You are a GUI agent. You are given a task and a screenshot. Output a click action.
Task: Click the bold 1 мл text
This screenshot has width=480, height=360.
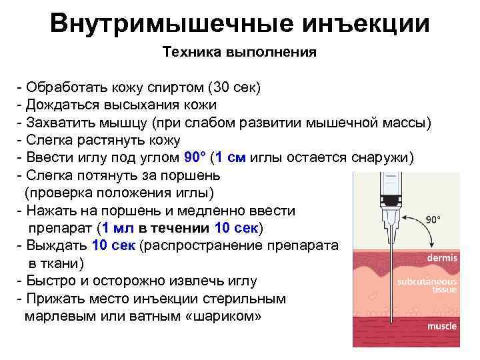[x=118, y=228]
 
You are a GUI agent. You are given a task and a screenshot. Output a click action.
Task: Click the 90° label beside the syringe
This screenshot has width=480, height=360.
[x=434, y=219]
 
